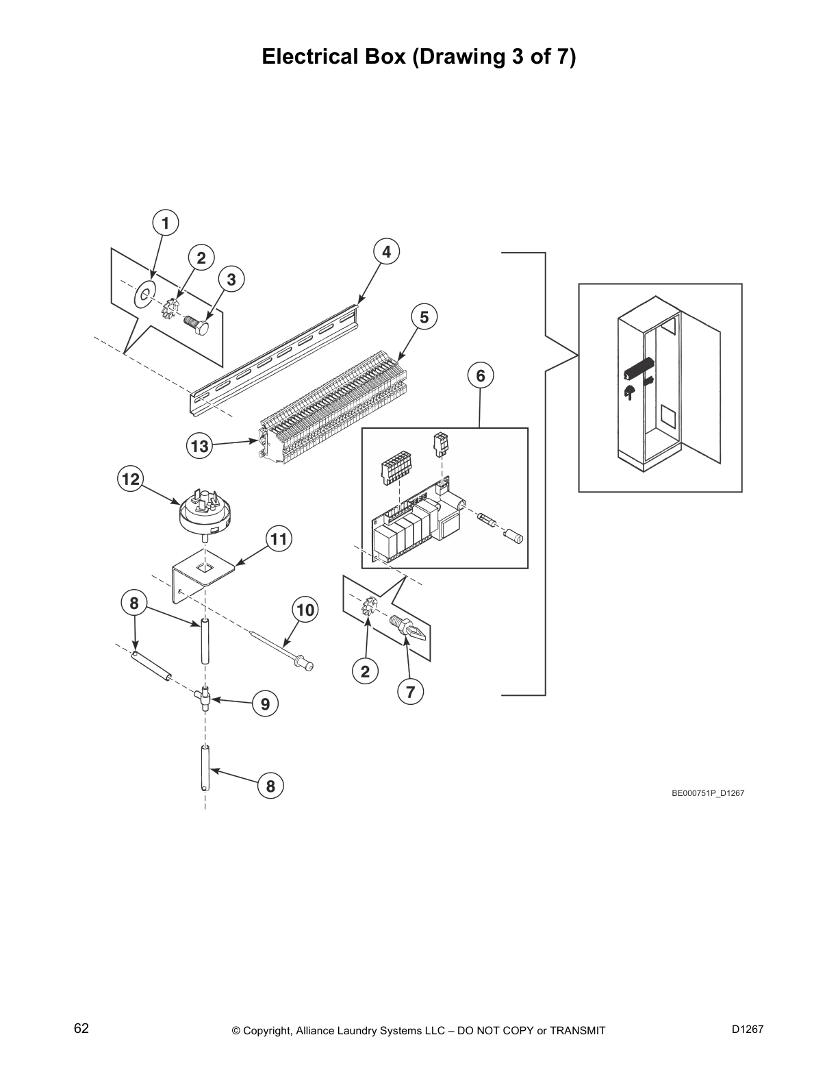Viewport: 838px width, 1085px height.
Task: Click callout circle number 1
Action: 165,223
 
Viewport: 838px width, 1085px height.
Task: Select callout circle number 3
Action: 231,279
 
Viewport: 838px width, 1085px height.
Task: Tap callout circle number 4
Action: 386,251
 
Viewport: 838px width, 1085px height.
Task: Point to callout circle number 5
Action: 424,317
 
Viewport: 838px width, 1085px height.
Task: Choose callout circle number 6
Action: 480,375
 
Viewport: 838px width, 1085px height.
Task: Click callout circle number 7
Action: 410,692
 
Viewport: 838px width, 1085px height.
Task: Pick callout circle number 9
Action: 265,703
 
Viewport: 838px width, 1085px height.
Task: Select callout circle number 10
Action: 305,610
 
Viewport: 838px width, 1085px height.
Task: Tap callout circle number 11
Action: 278,539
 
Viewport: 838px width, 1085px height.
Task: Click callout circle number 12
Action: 130,479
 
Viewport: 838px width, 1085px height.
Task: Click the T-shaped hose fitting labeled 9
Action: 204,699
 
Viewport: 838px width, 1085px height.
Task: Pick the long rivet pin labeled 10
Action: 281,645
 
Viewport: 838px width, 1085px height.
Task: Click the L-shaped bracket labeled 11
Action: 199,572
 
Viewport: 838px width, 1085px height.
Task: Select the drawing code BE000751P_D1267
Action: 707,793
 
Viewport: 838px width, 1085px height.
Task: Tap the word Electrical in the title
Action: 305,57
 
